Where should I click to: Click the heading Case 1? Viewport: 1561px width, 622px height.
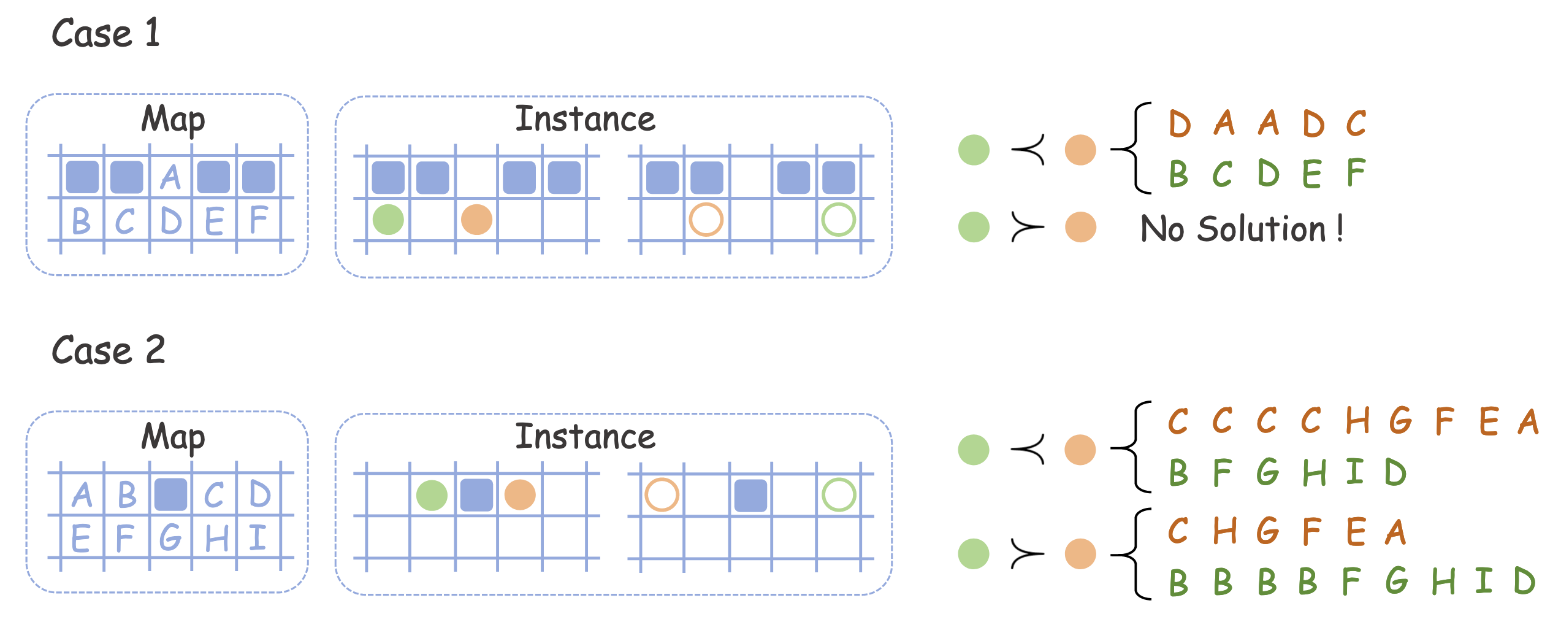coord(105,33)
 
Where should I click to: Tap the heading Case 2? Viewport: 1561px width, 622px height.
coord(108,350)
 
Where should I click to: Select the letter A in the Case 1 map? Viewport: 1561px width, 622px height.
coord(171,178)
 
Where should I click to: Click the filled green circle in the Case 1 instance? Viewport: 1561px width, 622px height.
coord(388,220)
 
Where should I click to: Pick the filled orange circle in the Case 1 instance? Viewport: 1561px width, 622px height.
coord(476,220)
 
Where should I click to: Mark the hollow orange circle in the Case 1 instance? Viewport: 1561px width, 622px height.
coord(706,220)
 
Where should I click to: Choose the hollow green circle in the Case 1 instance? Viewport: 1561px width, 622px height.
coord(838,220)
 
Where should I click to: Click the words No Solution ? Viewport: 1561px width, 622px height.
coord(1242,229)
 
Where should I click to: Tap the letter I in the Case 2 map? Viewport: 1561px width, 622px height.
coord(258,538)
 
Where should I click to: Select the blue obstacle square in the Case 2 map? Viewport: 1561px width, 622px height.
coord(170,495)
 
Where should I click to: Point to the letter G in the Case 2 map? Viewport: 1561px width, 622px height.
coord(170,538)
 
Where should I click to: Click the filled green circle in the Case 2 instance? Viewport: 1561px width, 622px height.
coord(432,495)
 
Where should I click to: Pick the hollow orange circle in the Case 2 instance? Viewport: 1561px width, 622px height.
coord(662,495)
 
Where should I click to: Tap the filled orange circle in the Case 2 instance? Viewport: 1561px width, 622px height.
coord(520,495)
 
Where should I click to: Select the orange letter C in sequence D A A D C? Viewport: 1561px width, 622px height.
coord(1356,123)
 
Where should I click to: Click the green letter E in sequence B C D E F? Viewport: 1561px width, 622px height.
coord(1311,174)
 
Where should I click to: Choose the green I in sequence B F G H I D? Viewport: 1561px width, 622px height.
coord(1355,472)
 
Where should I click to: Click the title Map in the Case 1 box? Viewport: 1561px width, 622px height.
coord(173,120)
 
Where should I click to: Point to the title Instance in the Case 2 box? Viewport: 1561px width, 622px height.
coord(585,437)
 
